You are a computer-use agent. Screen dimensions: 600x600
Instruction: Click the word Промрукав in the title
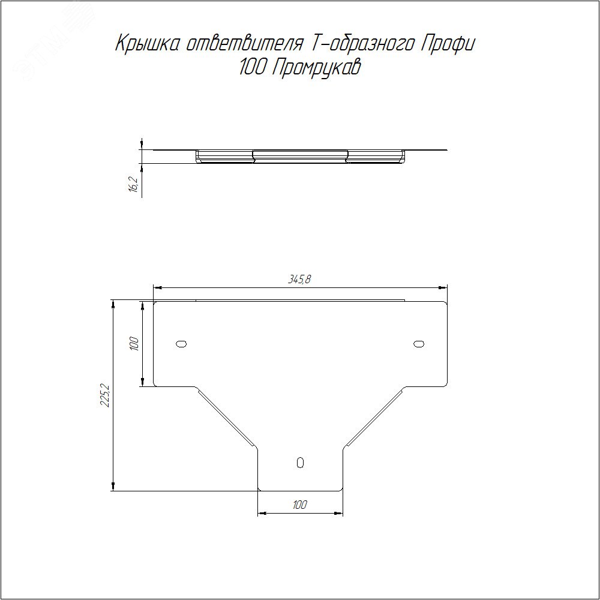(317, 69)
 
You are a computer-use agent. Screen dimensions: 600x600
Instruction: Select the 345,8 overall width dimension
(300, 280)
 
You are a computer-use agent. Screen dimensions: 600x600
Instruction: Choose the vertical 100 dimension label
(134, 344)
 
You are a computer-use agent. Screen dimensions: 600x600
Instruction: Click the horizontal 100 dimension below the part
(300, 505)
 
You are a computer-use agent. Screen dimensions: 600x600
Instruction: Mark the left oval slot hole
(181, 344)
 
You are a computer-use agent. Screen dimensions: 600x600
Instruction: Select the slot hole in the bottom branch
(300, 462)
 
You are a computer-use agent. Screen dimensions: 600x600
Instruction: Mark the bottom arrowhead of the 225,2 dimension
(113, 487)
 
